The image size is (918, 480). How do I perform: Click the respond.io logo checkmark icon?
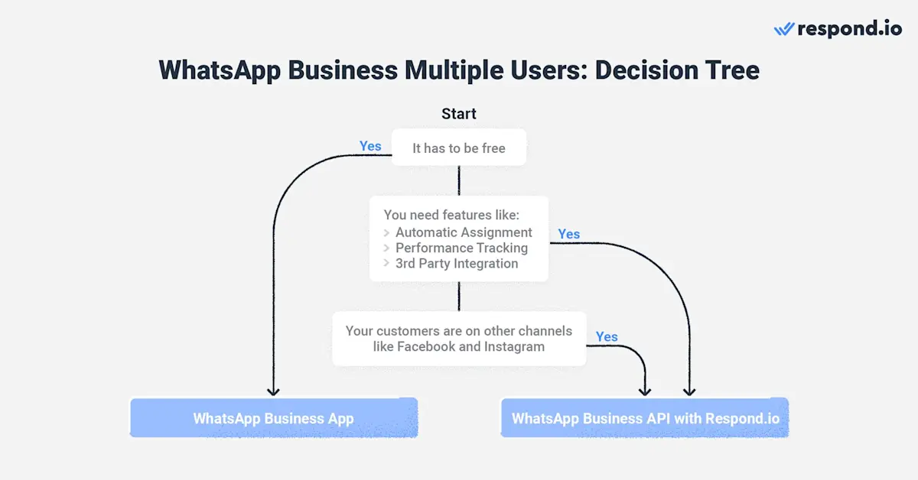click(784, 29)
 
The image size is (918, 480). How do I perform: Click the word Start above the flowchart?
click(459, 114)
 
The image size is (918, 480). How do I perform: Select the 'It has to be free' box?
click(459, 148)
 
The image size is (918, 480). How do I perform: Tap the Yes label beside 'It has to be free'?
click(370, 146)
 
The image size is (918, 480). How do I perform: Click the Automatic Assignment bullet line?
click(464, 232)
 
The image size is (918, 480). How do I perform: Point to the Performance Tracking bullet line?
click(461, 248)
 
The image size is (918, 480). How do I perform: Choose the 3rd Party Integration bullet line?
click(457, 264)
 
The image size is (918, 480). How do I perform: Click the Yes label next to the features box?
click(569, 234)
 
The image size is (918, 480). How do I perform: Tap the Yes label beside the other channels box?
click(607, 336)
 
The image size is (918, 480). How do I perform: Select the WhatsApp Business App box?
click(273, 418)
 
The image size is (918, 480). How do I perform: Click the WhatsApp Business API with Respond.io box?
click(645, 418)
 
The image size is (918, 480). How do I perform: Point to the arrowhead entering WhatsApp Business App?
click(273, 391)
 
